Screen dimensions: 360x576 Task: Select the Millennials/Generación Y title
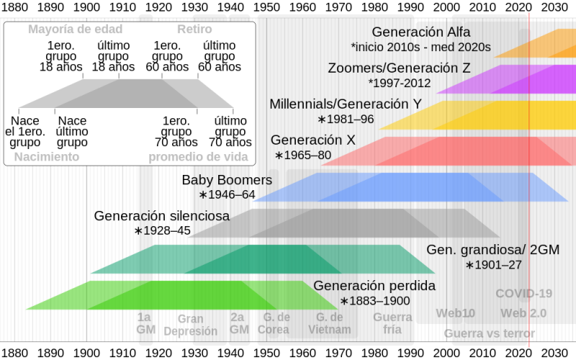tap(346, 104)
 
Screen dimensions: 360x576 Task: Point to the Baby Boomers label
tap(227, 179)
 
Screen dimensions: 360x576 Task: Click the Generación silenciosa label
tap(162, 215)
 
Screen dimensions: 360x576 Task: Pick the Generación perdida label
tap(374, 286)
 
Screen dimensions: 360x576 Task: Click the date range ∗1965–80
tap(302, 155)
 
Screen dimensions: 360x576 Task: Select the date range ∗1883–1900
tap(374, 301)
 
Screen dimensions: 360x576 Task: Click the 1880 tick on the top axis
tap(14, 7)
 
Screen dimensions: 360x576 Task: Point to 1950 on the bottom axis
tap(266, 353)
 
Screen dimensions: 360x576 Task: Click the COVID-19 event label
tap(524, 293)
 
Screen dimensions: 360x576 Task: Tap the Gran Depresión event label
tap(191, 325)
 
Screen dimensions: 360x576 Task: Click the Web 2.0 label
tap(524, 313)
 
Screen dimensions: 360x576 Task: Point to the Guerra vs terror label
tap(490, 333)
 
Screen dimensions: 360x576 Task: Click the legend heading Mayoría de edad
tap(76, 30)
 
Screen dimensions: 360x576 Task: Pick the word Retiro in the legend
tap(194, 30)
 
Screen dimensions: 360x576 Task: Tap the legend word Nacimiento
tap(47, 157)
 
